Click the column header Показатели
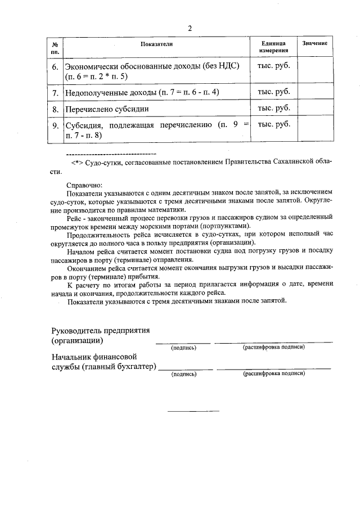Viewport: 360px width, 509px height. point(156,44)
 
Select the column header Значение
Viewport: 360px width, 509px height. point(314,44)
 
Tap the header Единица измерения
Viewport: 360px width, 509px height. point(273,47)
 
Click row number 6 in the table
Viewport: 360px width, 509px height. point(55,66)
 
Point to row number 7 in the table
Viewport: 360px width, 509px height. point(55,92)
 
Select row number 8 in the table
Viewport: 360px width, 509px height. point(55,109)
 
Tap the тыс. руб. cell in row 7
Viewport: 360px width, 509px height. point(273,91)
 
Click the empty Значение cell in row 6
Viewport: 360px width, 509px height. point(314,70)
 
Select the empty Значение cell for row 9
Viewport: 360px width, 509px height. point(314,130)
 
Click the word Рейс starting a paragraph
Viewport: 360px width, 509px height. point(75,216)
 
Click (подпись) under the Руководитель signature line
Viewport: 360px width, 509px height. point(183,348)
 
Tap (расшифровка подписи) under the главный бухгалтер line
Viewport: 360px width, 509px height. point(274,373)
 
